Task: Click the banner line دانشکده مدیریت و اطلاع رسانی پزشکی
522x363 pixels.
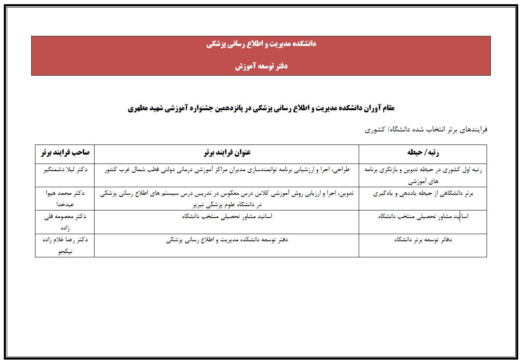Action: (262, 44)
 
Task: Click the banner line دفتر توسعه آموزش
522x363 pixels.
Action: (262, 66)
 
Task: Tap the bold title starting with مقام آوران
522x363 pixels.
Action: (261, 108)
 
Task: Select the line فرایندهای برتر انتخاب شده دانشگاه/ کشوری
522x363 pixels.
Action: (426, 129)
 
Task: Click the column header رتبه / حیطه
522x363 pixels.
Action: (422, 152)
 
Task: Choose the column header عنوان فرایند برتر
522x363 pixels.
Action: (227, 152)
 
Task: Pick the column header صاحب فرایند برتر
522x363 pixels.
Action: (65, 152)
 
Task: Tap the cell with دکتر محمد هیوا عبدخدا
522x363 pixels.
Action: (65, 198)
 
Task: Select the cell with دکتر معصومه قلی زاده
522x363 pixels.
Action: (65, 221)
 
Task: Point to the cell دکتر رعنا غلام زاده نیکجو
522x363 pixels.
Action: (65, 245)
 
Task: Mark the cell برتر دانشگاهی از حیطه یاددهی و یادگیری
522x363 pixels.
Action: (423, 194)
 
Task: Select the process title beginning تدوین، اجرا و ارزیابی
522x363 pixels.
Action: (227, 198)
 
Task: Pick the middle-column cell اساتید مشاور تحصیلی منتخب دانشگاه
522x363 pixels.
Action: (227, 216)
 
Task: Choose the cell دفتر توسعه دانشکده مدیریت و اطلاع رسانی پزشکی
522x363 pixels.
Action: (227, 240)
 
